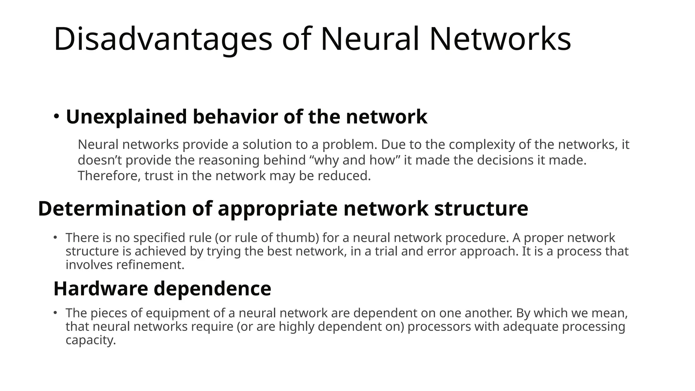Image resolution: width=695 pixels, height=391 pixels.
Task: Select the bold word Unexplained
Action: [126, 117]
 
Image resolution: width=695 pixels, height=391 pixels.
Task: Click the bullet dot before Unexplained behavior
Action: [56, 116]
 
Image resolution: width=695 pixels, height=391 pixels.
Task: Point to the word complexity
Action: [482, 145]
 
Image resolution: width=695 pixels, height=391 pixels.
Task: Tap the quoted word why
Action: [327, 161]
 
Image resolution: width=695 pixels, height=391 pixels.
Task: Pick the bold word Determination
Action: [112, 208]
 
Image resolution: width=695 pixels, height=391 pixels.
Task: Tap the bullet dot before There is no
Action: [55, 237]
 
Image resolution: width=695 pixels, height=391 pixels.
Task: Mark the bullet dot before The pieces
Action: [55, 313]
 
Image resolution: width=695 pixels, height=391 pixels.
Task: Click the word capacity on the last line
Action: [90, 340]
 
